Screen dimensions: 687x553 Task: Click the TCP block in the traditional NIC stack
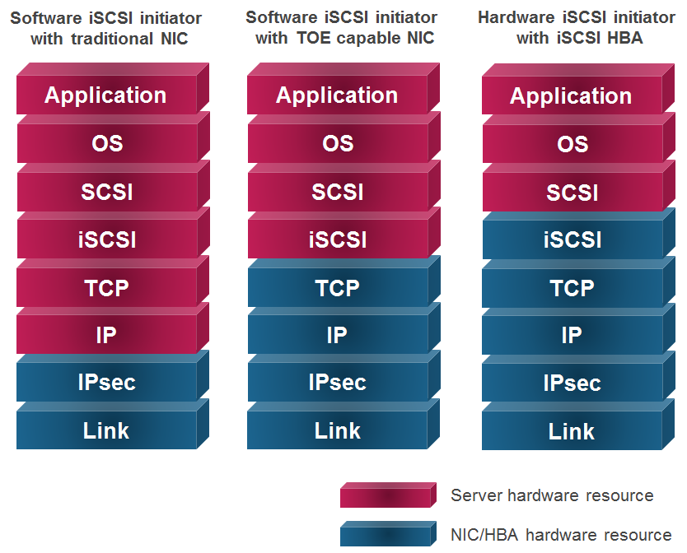(x=107, y=287)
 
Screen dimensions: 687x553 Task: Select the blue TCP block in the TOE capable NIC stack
(x=338, y=287)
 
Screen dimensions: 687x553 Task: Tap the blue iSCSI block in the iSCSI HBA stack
(x=572, y=239)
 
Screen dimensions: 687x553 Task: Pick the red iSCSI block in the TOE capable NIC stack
(x=338, y=239)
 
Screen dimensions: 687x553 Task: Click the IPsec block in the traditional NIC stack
(x=107, y=382)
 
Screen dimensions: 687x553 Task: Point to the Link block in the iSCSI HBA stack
(x=572, y=430)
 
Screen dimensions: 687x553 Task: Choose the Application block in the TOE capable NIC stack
(x=338, y=95)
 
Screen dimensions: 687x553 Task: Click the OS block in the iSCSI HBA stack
(x=572, y=144)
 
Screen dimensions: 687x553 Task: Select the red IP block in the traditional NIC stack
(x=107, y=334)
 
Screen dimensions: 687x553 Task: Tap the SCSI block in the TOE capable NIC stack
(x=338, y=192)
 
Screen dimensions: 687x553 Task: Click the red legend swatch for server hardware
(x=388, y=495)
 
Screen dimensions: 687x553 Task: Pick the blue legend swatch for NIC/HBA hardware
(x=388, y=533)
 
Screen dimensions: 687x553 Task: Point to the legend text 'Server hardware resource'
(x=552, y=495)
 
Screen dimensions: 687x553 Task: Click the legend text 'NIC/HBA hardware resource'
(x=561, y=535)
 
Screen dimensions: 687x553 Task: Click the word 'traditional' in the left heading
(x=113, y=39)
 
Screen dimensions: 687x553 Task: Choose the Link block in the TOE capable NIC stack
(x=338, y=430)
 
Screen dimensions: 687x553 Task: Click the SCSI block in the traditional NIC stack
(x=107, y=192)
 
